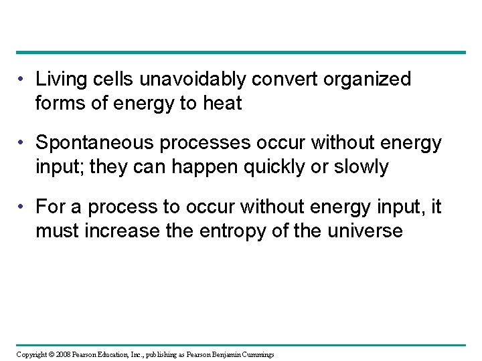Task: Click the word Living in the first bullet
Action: [58, 80]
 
